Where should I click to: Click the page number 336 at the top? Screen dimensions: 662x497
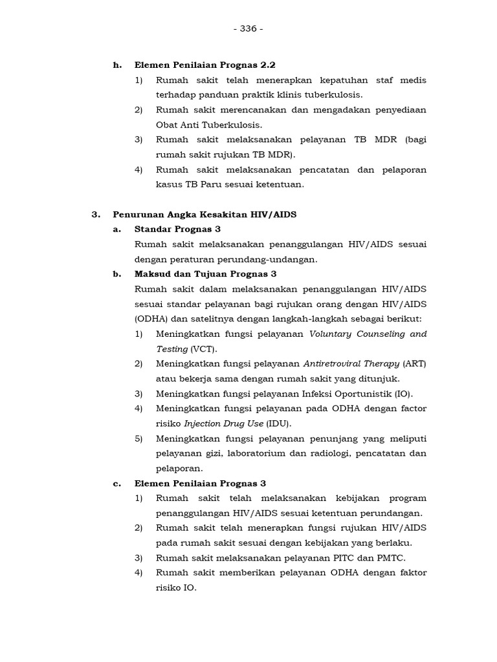(x=248, y=29)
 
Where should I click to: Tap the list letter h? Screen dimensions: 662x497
(x=117, y=65)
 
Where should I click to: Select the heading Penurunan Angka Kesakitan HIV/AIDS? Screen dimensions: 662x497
(x=204, y=215)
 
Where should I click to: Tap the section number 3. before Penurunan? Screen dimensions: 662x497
(x=96, y=215)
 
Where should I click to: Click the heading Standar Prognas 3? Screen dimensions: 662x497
(x=178, y=230)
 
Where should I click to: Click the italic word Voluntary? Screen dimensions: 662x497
(x=332, y=334)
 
